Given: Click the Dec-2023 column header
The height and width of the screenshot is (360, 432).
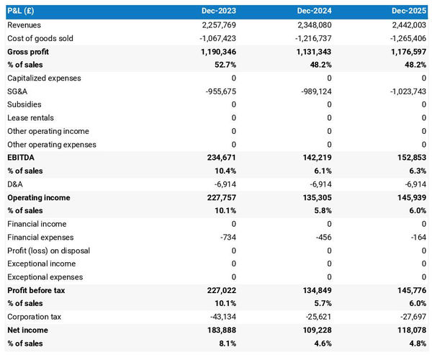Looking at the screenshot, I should tap(218, 12).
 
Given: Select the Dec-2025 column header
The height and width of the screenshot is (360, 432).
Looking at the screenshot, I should tap(409, 12).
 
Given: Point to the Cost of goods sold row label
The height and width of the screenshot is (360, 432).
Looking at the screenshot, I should tap(40, 38).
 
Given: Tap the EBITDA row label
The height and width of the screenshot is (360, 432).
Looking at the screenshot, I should tap(21, 158).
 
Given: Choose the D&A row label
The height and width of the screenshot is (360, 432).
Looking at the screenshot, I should tap(15, 184).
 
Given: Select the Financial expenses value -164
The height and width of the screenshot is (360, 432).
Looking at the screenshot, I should tap(417, 237).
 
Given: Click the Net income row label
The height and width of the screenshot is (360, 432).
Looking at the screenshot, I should tap(27, 330).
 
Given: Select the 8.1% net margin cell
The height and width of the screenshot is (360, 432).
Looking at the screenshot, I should tap(225, 343).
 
